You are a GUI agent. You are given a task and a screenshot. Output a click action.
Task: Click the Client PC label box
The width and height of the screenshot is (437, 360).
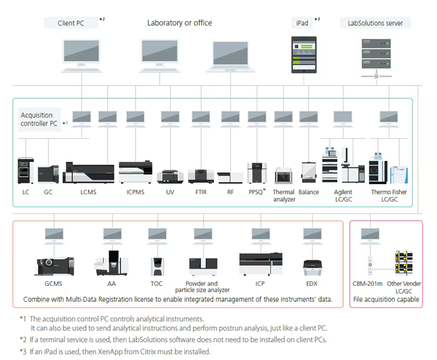click(71, 23)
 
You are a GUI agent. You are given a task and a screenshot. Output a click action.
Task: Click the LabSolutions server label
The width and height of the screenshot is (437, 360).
click(376, 23)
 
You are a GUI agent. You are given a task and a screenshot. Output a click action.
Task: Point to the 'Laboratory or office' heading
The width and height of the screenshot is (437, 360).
click(180, 23)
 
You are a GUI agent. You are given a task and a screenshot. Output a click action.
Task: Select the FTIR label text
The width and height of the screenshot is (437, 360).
click(200, 192)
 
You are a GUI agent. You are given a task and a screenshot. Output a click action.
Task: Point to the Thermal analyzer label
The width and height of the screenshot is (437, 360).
click(284, 196)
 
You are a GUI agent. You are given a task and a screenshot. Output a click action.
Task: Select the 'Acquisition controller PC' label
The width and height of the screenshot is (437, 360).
click(37, 119)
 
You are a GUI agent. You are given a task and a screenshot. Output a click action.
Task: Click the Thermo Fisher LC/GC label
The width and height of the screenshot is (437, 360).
click(391, 196)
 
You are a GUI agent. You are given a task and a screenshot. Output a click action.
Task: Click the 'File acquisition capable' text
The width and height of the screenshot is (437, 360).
click(386, 299)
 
